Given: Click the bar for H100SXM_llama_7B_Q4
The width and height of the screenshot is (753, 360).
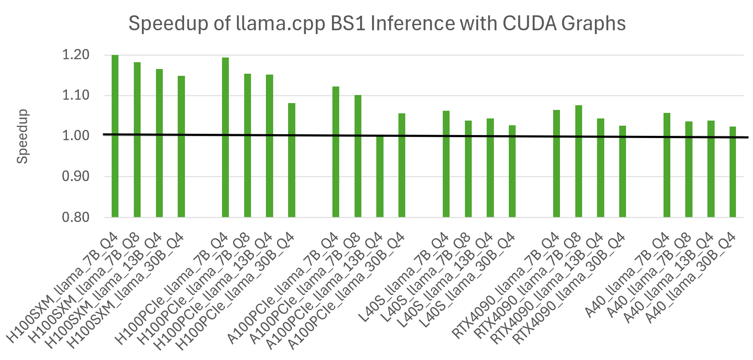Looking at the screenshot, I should coord(115,136).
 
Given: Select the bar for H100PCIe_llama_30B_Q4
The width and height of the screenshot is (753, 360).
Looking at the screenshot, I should coord(291,160).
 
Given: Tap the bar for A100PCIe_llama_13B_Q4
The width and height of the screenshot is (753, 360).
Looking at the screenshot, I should coord(380,176).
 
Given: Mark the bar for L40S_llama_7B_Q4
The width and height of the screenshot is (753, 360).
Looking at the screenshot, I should coord(446,164).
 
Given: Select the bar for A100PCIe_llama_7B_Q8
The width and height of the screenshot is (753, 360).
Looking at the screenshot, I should coord(358,156).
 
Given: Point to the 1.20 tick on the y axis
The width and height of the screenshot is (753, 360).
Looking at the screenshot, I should coord(76,55).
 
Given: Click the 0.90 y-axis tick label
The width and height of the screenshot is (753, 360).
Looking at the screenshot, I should coord(76,176).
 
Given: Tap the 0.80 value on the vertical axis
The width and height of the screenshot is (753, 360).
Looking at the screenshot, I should coord(76,217).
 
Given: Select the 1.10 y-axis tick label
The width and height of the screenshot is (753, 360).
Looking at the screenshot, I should coord(76,95).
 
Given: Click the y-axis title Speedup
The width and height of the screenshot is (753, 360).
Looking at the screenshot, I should coord(22,136).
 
